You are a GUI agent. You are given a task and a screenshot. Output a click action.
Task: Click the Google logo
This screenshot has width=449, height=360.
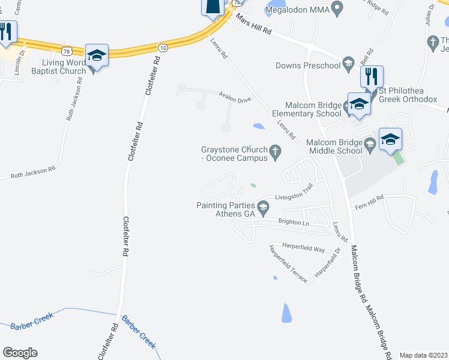(20, 353)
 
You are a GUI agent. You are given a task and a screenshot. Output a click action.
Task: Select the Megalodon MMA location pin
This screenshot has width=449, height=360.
(337, 10)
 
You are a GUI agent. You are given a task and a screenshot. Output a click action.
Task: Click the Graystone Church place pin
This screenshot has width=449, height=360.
(276, 151)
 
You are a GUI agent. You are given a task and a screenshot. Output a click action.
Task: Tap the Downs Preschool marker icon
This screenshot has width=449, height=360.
(348, 64)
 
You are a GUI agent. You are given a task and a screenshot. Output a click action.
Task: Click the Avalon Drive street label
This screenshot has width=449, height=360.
(234, 100)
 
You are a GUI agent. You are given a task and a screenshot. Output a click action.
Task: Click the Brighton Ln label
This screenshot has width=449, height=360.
(293, 223)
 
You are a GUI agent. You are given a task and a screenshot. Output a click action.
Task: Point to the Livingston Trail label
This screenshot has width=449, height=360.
(294, 193)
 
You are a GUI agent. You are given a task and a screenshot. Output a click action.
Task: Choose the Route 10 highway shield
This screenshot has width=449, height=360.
(163, 47)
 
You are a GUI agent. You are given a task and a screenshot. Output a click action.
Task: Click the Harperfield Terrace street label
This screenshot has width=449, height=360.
(288, 264)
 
